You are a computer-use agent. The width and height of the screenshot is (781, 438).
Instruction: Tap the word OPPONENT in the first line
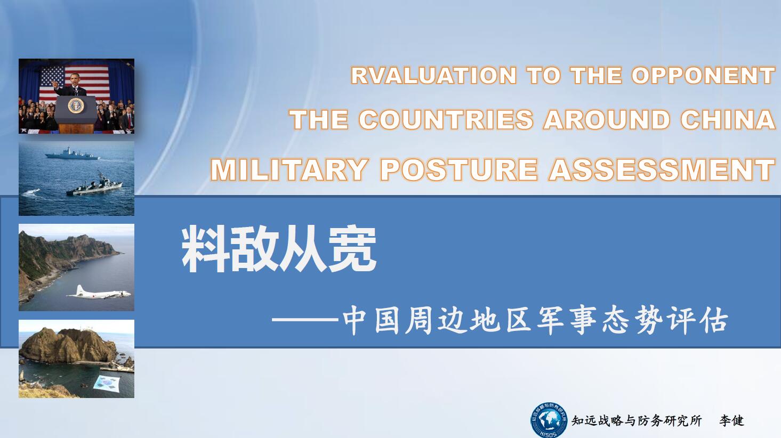(703, 75)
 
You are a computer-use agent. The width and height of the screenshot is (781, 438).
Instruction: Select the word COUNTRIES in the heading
(446, 119)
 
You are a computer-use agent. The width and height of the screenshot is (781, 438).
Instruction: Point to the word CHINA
(728, 119)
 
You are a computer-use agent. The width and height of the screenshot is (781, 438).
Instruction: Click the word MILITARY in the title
(289, 169)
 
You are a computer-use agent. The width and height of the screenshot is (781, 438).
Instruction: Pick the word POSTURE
(459, 169)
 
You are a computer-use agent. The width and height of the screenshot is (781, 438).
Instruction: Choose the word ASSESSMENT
(662, 169)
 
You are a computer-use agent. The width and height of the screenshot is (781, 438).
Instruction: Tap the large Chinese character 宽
(352, 249)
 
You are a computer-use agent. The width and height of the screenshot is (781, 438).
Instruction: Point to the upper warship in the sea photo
(72, 154)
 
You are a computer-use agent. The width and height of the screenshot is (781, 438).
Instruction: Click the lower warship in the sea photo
(94, 185)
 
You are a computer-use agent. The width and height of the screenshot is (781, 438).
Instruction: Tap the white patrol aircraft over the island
(99, 293)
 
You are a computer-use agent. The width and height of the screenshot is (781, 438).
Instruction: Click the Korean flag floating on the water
(107, 383)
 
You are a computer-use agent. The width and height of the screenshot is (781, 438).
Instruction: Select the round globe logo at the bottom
(549, 420)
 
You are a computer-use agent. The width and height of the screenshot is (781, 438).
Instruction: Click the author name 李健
(731, 420)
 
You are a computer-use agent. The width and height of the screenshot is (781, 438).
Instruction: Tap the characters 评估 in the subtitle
(699, 320)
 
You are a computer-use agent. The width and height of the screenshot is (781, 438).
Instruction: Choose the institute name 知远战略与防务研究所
(637, 420)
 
